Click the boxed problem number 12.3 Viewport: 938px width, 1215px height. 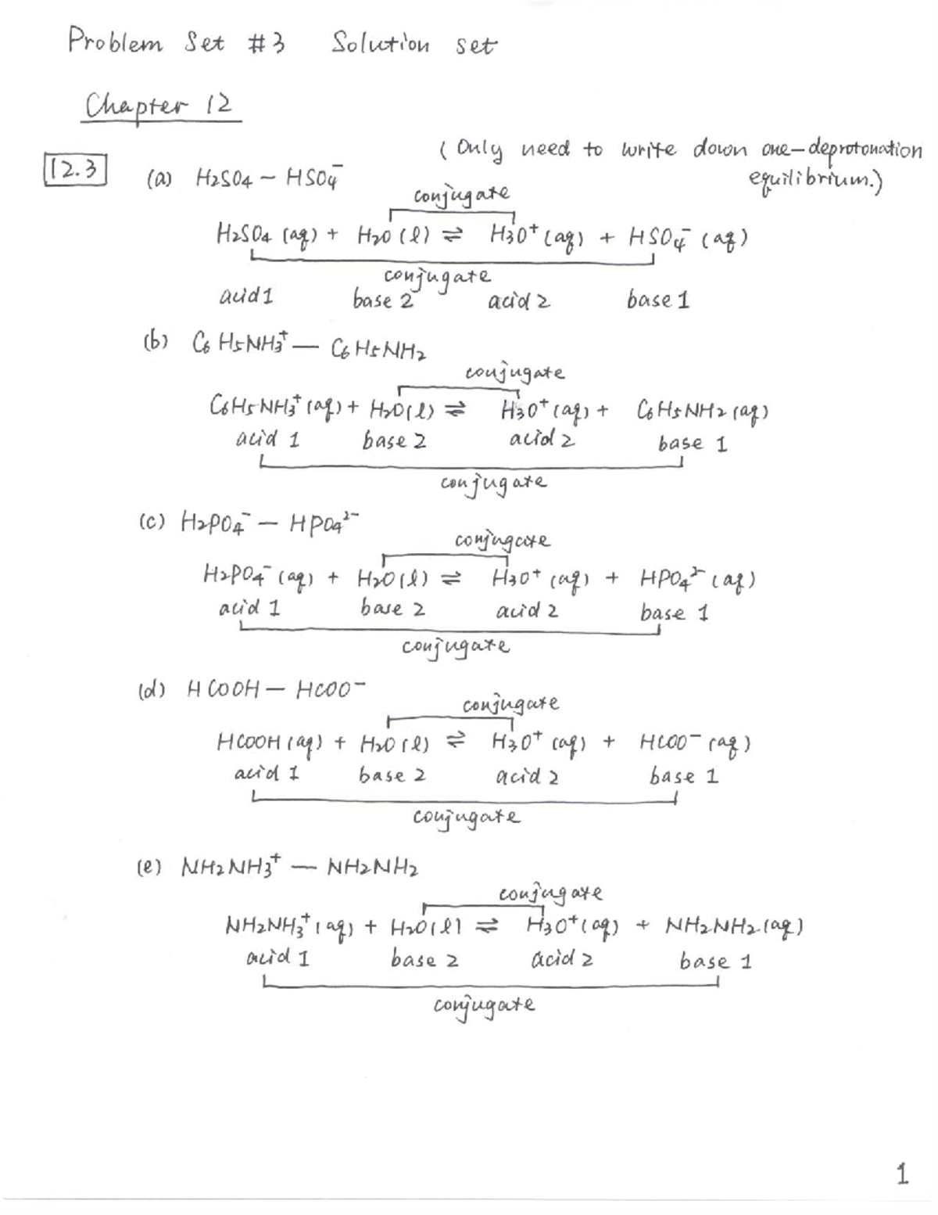[x=73, y=170]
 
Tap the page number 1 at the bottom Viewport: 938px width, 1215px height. [x=902, y=1174]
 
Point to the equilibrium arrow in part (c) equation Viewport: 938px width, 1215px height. [x=450, y=580]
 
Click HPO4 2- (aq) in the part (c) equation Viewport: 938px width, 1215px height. [x=696, y=580]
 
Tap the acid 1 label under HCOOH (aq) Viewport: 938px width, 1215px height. [x=267, y=775]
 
